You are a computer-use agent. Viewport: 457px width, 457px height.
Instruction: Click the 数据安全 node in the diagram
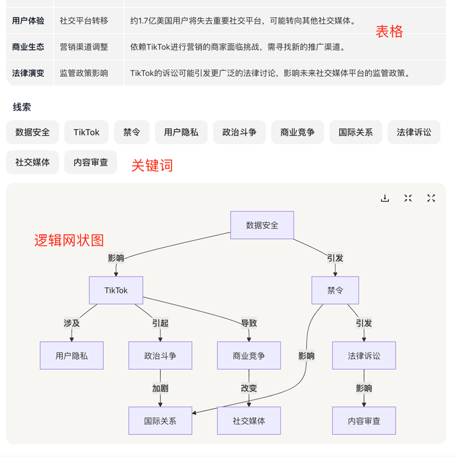(x=262, y=225)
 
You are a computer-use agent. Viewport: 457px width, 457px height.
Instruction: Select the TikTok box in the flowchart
(x=116, y=291)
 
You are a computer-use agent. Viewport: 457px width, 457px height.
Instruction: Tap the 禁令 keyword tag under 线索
(x=131, y=132)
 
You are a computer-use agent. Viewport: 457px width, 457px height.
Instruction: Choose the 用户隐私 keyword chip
(x=181, y=132)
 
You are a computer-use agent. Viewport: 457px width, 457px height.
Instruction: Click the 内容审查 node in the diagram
(x=364, y=421)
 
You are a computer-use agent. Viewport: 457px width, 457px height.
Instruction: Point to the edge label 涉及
(x=72, y=323)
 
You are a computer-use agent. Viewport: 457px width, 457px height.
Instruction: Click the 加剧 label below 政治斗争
(x=160, y=388)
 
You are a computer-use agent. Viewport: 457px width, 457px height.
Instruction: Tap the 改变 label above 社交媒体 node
(x=249, y=388)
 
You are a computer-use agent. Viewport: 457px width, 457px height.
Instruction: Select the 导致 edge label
(x=249, y=323)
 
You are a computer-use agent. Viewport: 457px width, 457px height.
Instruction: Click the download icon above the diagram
(x=385, y=198)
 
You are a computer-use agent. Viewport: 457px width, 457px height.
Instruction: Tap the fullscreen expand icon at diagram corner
(x=431, y=198)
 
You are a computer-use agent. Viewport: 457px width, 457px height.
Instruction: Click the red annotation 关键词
(x=152, y=165)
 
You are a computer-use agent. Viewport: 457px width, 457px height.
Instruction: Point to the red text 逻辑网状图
(x=69, y=240)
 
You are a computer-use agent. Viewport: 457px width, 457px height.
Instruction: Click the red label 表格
(x=389, y=32)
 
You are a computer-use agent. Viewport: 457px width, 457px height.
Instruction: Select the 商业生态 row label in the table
(x=28, y=47)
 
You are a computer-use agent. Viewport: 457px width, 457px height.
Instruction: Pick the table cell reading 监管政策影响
(x=84, y=73)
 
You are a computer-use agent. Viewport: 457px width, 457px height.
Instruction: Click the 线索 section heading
(x=22, y=107)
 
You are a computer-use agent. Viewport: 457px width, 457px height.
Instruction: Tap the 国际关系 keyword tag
(x=355, y=132)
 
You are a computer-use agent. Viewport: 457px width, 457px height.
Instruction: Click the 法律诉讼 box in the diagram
(x=364, y=356)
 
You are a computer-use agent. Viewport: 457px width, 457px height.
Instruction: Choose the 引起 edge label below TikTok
(x=160, y=323)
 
